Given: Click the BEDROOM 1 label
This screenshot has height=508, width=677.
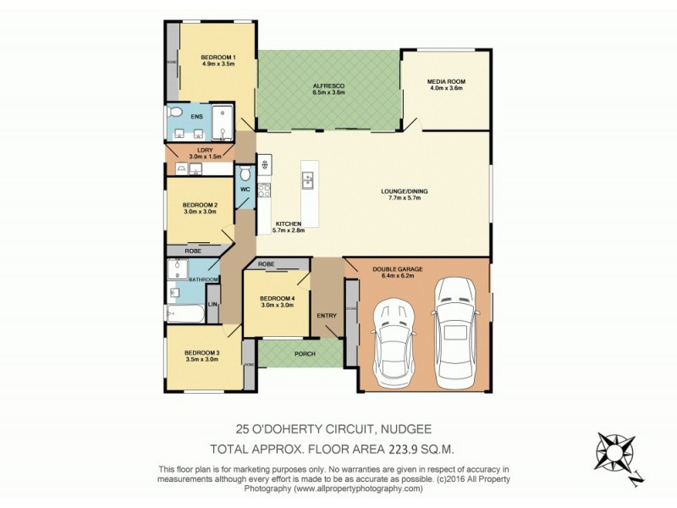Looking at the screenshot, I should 217,57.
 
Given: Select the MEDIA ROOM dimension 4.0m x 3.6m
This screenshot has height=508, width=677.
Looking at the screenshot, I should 447,88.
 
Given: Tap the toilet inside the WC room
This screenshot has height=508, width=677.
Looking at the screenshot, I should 245,174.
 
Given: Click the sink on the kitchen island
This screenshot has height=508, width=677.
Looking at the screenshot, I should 308,179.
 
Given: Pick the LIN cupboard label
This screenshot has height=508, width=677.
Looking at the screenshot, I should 212,303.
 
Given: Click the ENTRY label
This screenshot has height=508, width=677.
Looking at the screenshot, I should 326,316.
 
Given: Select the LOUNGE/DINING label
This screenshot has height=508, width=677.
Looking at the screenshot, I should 404,192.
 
